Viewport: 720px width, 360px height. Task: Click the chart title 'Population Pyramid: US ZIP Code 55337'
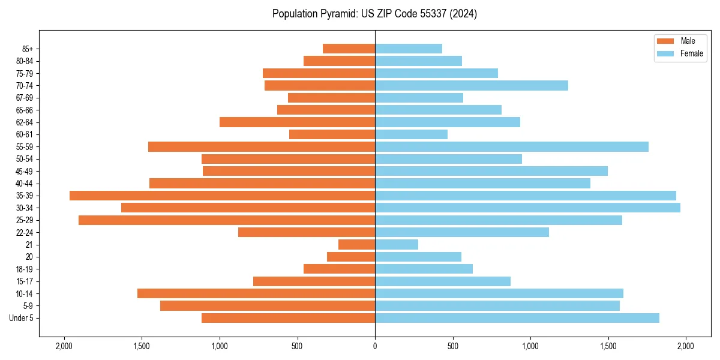(374, 14)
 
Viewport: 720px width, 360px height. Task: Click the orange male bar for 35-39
(222, 196)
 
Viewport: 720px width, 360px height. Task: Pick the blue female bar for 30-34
(527, 208)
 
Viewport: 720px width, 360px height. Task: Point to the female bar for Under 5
(517, 318)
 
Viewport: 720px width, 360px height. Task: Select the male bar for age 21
(356, 245)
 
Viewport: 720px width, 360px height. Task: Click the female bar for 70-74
(471, 85)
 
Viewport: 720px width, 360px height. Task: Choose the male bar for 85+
(349, 49)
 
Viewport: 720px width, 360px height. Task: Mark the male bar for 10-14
(256, 293)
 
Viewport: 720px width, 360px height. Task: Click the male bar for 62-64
(297, 122)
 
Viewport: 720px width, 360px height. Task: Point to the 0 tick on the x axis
(375, 346)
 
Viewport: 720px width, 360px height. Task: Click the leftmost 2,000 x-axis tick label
(64, 346)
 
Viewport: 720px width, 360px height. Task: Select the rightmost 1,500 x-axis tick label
(608, 346)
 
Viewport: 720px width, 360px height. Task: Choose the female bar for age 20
(418, 257)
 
